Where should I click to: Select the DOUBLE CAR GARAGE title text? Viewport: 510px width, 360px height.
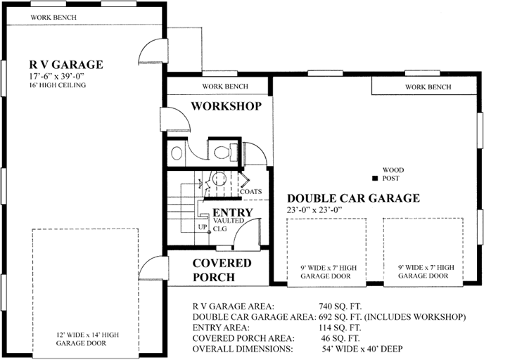click(352, 198)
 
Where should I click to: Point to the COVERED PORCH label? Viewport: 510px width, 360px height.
click(222, 270)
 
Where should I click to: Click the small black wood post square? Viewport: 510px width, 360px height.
click(375, 178)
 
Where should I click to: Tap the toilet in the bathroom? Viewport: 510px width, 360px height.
click(222, 150)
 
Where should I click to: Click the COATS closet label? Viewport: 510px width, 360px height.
click(250, 191)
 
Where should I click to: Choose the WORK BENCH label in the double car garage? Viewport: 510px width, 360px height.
click(428, 86)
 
